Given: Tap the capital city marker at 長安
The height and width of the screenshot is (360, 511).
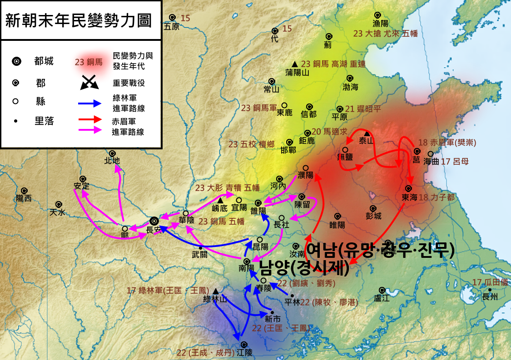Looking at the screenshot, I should (x=154, y=221).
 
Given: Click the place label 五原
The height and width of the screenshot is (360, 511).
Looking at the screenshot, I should (x=172, y=27).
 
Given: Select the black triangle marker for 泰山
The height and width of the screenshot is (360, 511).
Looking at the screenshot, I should (x=367, y=133).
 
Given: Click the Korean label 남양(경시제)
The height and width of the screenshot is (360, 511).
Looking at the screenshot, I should (x=304, y=268).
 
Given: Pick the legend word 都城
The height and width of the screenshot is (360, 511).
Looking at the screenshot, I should (x=44, y=61).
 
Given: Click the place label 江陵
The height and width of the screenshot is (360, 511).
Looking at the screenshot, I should (x=244, y=352).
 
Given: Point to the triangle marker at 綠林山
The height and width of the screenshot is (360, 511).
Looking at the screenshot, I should (x=215, y=291).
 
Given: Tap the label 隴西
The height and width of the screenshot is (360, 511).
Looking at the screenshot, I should (x=24, y=198).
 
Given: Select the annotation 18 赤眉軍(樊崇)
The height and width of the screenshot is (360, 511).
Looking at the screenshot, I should (x=447, y=143).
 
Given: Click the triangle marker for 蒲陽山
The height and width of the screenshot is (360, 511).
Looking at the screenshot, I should (x=295, y=64).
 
